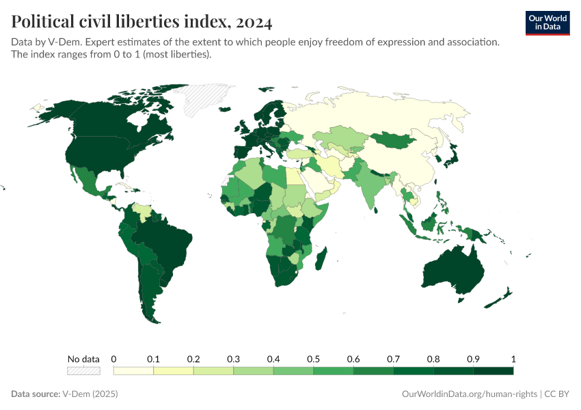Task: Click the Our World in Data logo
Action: [x=547, y=23]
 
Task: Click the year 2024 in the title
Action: [x=253, y=23]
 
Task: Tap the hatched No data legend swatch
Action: [x=83, y=371]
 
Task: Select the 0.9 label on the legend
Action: [x=473, y=359]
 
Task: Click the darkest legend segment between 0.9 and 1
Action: [x=493, y=371]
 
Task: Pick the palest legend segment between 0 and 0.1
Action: [x=133, y=371]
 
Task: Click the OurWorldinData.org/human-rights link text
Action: [x=469, y=394]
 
